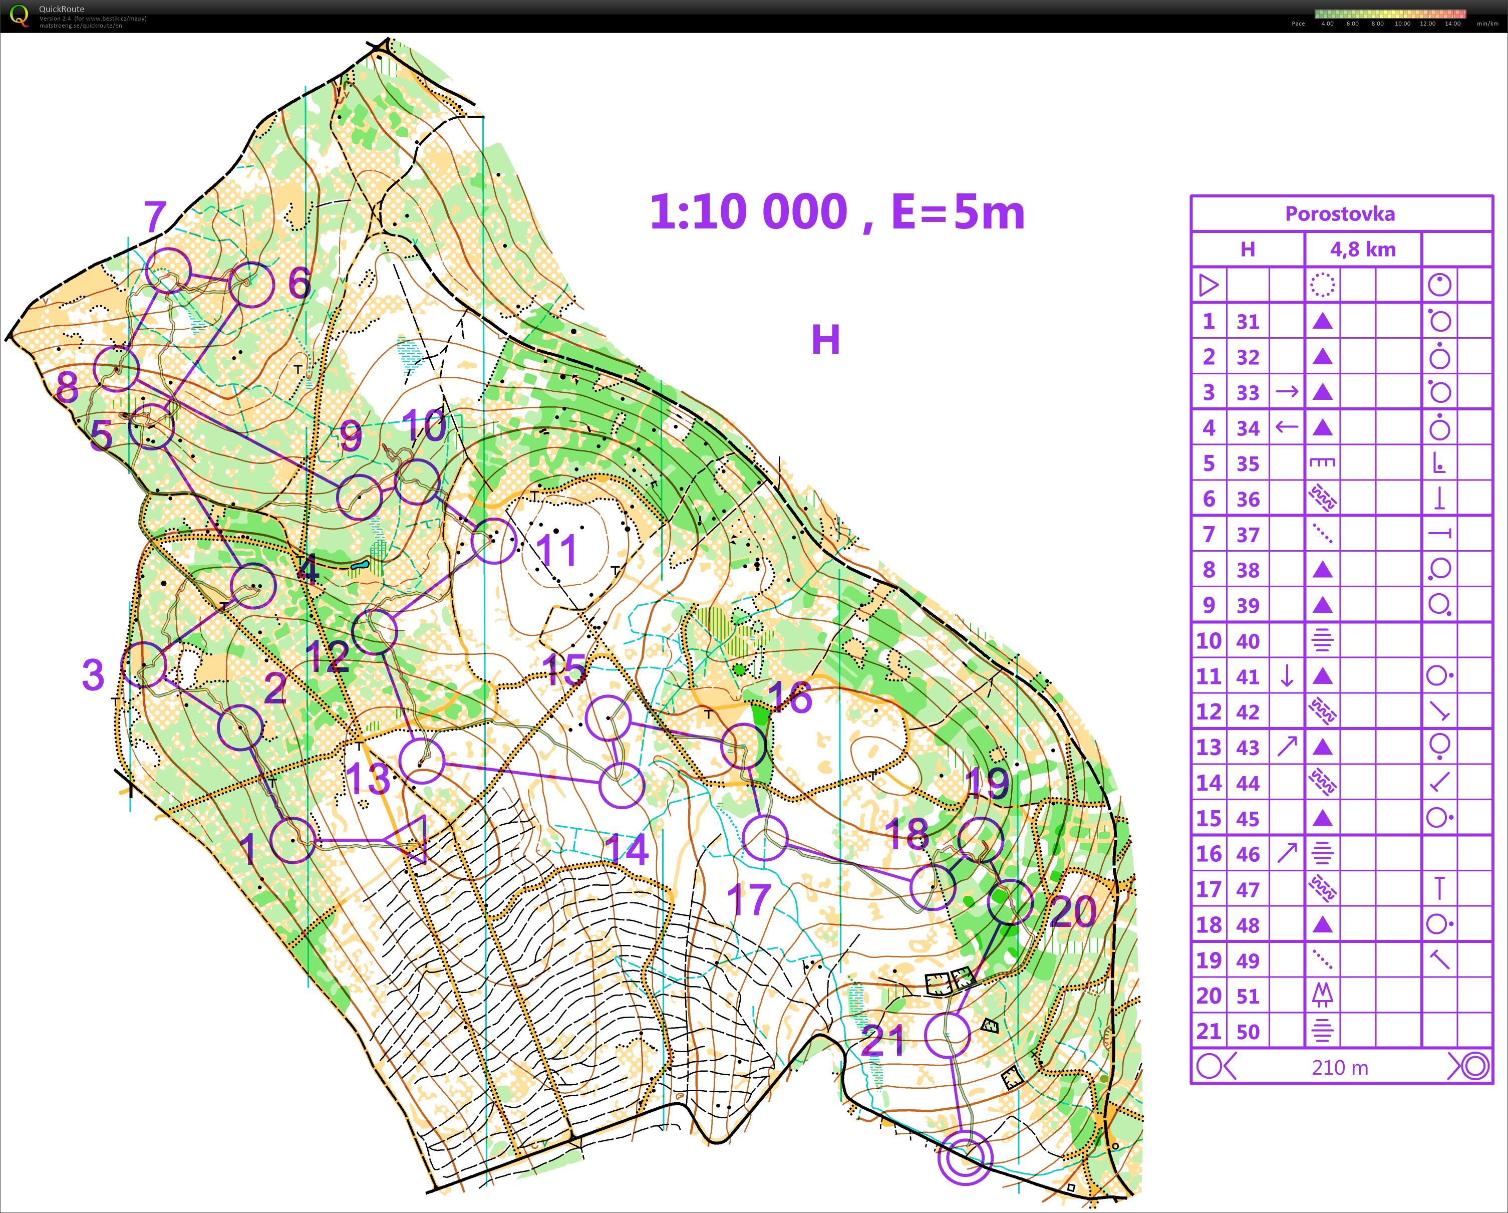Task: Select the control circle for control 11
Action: click(x=494, y=541)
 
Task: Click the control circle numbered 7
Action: click(x=168, y=271)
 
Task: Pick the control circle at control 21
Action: click(x=947, y=1035)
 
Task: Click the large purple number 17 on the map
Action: click(x=748, y=900)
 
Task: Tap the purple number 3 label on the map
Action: click(x=93, y=675)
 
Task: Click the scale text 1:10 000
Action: click(x=748, y=212)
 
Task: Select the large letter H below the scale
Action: click(x=825, y=340)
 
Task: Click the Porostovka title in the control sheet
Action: click(x=1339, y=214)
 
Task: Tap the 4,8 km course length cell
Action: click(x=1363, y=249)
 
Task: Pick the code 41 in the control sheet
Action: click(x=1248, y=676)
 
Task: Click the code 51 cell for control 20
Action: click(x=1248, y=996)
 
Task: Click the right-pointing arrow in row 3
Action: click(x=1287, y=392)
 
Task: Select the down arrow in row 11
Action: click(x=1287, y=676)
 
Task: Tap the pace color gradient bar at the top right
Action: click(x=1390, y=14)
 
